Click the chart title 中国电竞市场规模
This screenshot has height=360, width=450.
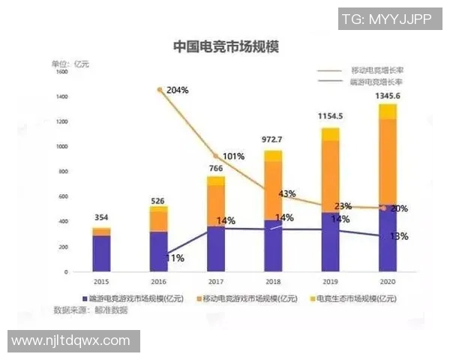click(x=225, y=46)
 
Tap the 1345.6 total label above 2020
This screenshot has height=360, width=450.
click(x=387, y=96)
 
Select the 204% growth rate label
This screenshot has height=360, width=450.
click(x=178, y=90)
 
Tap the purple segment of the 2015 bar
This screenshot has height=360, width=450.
click(x=101, y=253)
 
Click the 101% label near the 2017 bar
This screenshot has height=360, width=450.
click(x=233, y=157)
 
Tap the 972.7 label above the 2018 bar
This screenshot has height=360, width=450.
click(x=273, y=140)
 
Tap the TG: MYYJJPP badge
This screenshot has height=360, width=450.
click(x=385, y=19)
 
